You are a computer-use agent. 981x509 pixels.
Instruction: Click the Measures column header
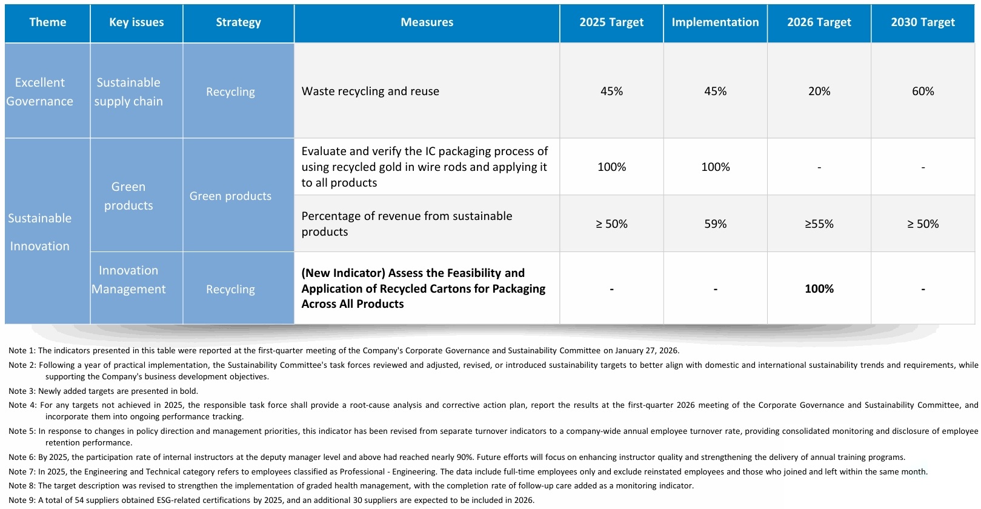427,22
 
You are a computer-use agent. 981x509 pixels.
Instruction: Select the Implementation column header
715,22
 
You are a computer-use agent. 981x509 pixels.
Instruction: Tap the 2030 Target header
923,22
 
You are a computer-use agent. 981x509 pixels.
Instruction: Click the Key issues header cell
136,22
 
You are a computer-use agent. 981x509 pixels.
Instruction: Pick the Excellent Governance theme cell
39,91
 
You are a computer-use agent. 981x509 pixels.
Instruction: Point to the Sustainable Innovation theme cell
39,231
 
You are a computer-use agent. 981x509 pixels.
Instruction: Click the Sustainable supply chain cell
128,91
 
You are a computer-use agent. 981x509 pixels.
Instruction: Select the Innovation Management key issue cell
128,279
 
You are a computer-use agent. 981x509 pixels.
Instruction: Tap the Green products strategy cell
230,196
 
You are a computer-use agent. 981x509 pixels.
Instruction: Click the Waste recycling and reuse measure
370,91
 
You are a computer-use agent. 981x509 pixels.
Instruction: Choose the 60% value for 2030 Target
923,91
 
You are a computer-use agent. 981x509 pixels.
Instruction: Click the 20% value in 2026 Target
819,91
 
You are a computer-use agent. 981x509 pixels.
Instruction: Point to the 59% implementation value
715,224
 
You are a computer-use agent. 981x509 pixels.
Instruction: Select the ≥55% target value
819,224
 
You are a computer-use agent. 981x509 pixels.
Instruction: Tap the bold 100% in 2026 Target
819,288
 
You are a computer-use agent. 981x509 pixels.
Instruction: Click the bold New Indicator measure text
424,288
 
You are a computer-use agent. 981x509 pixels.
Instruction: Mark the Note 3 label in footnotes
22,391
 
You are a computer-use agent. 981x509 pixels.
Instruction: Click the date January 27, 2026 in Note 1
647,350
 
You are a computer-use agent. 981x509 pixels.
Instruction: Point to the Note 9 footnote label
22,500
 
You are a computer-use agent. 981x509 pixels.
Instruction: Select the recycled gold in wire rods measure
424,167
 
